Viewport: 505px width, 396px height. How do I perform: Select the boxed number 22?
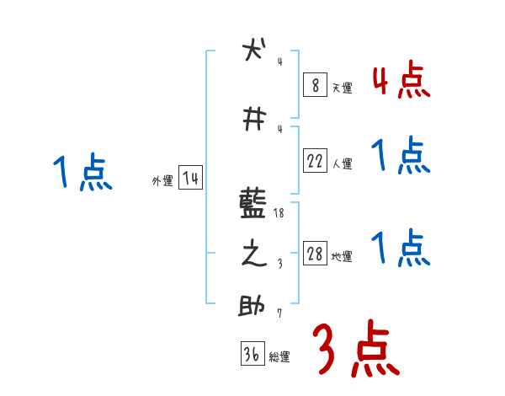tap(315, 162)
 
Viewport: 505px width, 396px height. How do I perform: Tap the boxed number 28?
tap(315, 254)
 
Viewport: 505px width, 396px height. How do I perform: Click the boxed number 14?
tap(190, 179)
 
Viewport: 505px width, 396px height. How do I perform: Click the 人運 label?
tap(342, 164)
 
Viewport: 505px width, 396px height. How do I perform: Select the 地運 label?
tap(342, 257)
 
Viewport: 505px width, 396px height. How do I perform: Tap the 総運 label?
tap(279, 357)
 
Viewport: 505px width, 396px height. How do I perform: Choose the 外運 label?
tap(162, 181)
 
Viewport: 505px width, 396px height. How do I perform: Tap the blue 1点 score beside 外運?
tap(82, 173)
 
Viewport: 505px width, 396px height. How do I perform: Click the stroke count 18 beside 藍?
tap(280, 214)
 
